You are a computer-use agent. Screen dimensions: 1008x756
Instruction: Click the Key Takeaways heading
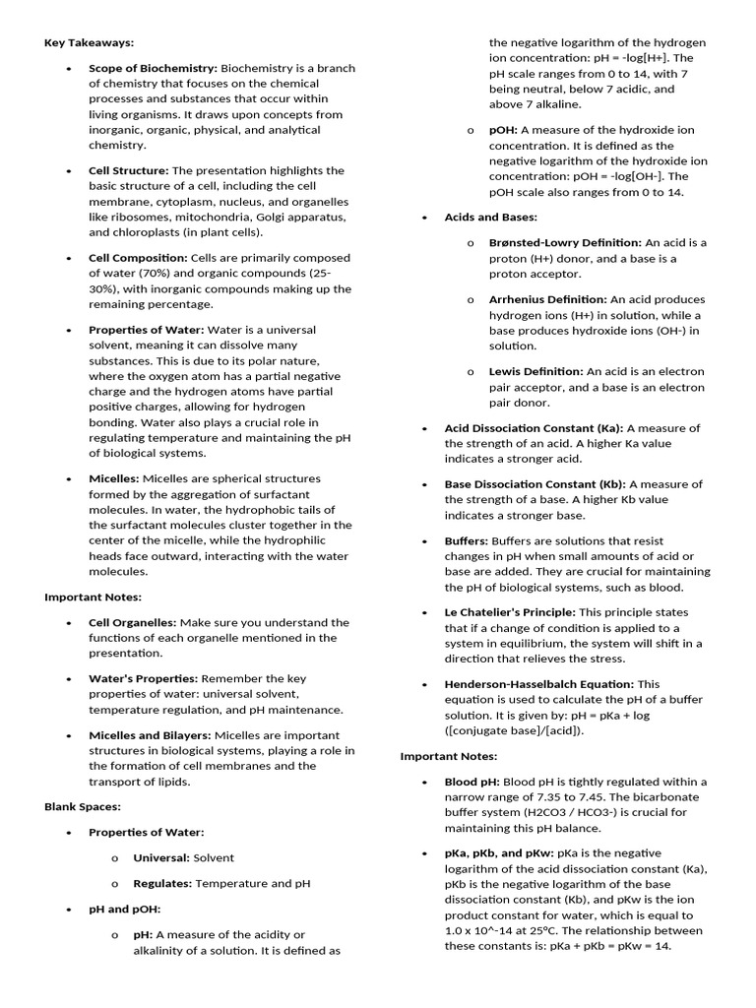[x=90, y=43]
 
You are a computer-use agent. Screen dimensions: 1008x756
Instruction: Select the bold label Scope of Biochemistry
[x=153, y=68]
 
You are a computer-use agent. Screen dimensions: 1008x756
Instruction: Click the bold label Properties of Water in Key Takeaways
[x=147, y=330]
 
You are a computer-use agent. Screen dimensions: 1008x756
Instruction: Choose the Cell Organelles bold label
[x=133, y=622]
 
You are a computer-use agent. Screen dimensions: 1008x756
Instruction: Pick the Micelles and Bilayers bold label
[x=150, y=735]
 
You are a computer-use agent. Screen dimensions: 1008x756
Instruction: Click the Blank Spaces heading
[x=83, y=807]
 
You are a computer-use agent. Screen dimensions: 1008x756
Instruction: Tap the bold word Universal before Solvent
[x=161, y=858]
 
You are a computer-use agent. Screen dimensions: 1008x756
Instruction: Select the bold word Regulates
[x=162, y=884]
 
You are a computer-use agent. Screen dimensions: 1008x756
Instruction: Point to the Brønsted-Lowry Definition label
[x=565, y=242]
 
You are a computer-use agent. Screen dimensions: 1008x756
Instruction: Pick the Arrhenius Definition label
[x=547, y=299]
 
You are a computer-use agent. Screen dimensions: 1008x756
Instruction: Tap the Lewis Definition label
[x=535, y=371]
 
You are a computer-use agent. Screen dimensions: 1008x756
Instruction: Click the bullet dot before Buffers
[x=423, y=541]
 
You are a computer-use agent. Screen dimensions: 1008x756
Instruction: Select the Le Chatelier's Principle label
[x=510, y=612]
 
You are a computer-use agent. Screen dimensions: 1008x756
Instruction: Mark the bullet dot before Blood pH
[x=423, y=783]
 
